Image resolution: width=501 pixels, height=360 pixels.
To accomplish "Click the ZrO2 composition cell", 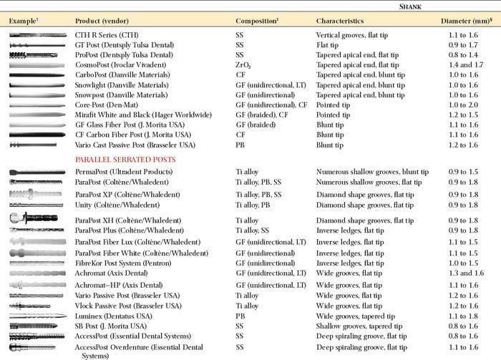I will coord(243,64).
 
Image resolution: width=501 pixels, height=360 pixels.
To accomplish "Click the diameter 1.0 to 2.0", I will coord(459,104).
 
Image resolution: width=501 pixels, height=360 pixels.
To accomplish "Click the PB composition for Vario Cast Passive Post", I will coord(240,145).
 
